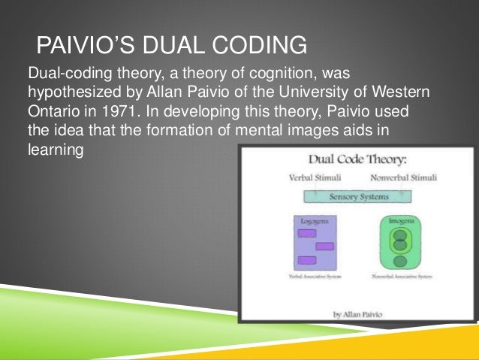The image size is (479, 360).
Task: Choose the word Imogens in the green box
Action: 399,222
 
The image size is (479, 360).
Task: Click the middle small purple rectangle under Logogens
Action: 324,246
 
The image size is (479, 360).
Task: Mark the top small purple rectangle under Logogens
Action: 306,233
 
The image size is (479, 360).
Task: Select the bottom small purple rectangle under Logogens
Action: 306,259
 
